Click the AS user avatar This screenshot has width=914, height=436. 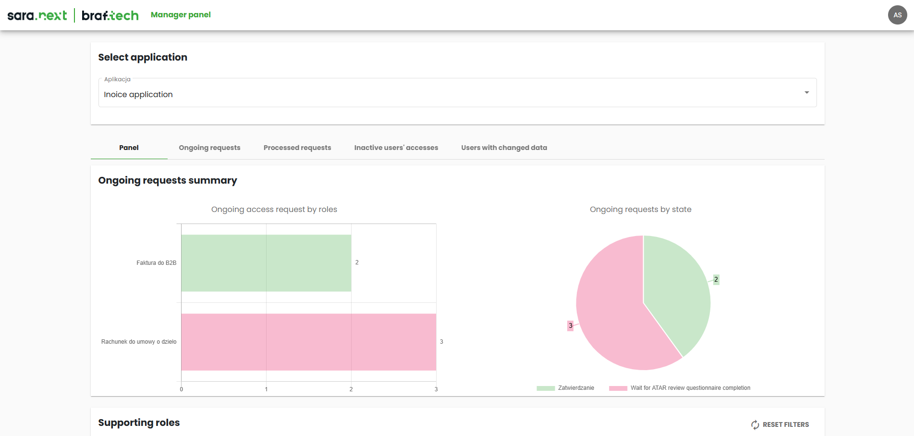click(897, 15)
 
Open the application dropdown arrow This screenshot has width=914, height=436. click(806, 93)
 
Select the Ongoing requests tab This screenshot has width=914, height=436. click(209, 148)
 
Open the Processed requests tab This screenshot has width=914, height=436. click(297, 148)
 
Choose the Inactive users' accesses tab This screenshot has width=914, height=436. click(396, 148)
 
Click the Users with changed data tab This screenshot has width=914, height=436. click(504, 148)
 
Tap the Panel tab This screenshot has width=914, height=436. click(129, 148)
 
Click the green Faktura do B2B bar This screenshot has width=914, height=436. click(266, 263)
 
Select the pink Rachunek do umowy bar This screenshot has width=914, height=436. click(308, 342)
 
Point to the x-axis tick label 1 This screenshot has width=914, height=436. click(266, 389)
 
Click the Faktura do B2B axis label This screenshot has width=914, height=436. click(156, 263)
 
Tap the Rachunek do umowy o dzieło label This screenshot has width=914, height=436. click(139, 342)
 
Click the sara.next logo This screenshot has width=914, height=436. click(37, 15)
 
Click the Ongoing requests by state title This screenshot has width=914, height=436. click(640, 210)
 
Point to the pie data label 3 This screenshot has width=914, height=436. click(570, 326)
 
